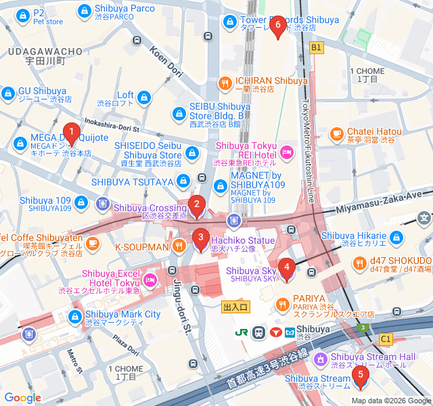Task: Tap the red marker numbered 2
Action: pos(196,204)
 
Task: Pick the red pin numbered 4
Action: pos(286,267)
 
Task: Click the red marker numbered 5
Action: pos(360,374)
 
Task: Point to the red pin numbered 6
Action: pos(277,25)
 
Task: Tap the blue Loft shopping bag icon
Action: pos(144,99)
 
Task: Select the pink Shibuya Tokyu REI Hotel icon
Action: pos(286,152)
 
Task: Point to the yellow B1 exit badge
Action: pos(316,47)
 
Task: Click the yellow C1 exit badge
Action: pos(386,338)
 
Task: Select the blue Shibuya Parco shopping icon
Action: pos(85,11)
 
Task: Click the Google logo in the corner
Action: pos(22,398)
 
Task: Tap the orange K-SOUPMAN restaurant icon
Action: pos(179,244)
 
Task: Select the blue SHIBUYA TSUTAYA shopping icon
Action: pos(183,181)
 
